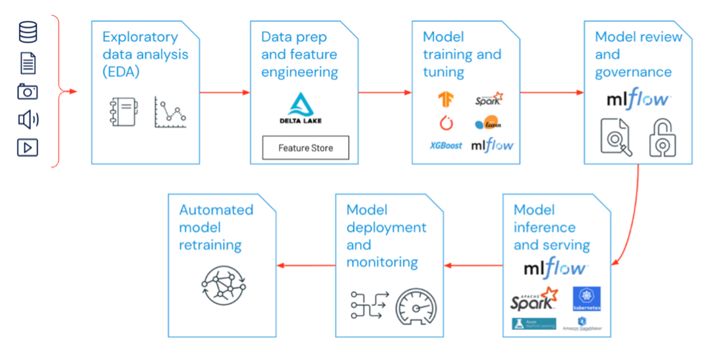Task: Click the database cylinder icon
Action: click(28, 32)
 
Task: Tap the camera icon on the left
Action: click(28, 91)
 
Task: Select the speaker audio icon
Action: click(28, 119)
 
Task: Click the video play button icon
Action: click(28, 148)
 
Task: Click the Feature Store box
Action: click(305, 148)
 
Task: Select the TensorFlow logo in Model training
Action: click(446, 99)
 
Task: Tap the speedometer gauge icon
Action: click(415, 307)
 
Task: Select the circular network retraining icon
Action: click(224, 285)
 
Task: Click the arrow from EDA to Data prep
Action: click(224, 92)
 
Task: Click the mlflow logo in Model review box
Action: click(638, 100)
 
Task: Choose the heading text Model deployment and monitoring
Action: click(386, 236)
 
